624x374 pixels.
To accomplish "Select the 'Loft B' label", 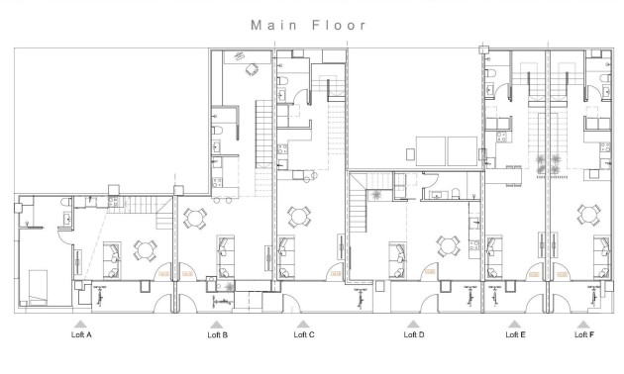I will [x=217, y=335].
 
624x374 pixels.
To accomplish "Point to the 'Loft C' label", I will [x=304, y=335].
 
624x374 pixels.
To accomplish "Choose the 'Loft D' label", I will [x=414, y=335].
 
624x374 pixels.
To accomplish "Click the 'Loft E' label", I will [x=515, y=335].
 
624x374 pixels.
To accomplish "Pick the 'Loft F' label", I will [x=584, y=335].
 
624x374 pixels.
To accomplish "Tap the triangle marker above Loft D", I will [x=414, y=323].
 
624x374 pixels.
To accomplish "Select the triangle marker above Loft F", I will [x=584, y=323].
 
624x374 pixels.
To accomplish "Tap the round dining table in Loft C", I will [x=297, y=213].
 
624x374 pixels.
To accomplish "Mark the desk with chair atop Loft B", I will [x=249, y=68].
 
